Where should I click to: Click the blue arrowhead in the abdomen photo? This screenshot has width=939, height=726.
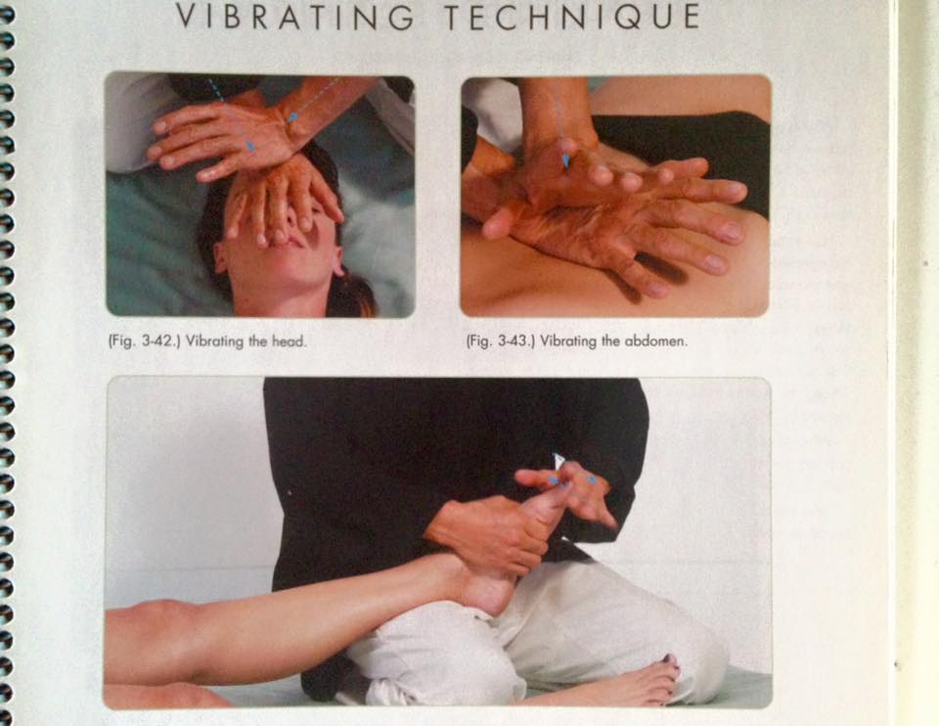[565, 162]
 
